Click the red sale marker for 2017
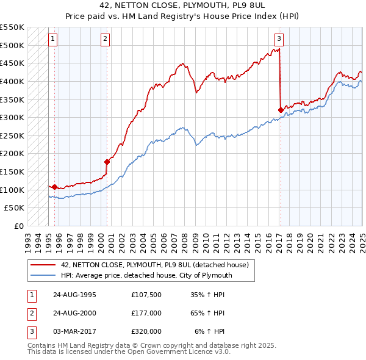(x=281, y=110)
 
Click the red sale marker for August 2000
(x=107, y=162)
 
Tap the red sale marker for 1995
(x=54, y=187)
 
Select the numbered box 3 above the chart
(x=279, y=39)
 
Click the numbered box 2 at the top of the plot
(x=105, y=39)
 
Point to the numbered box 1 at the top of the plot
(x=53, y=39)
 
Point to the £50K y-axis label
(x=15, y=208)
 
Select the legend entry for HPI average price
(x=146, y=276)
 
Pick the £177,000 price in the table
(x=146, y=313)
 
